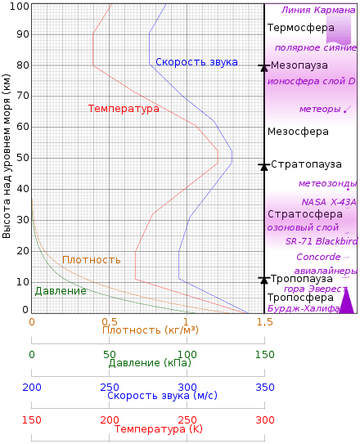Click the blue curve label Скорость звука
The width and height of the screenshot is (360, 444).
(196, 62)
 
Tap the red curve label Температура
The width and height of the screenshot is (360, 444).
(124, 108)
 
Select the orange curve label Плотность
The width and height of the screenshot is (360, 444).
(92, 260)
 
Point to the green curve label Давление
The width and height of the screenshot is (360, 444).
(61, 290)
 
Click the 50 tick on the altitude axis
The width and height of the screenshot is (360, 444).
(24, 157)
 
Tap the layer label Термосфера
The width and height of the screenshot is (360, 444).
(300, 27)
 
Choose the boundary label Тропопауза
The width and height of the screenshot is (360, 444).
(301, 278)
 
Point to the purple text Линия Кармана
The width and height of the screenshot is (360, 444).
(318, 11)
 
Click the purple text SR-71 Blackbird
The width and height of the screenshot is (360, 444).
(321, 241)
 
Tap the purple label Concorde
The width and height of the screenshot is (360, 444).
(318, 256)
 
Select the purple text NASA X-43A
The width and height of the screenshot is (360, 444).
(328, 202)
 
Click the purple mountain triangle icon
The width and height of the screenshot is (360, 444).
(346, 301)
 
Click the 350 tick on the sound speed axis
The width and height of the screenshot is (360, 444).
(264, 386)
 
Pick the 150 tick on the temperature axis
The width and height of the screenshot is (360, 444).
(32, 419)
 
